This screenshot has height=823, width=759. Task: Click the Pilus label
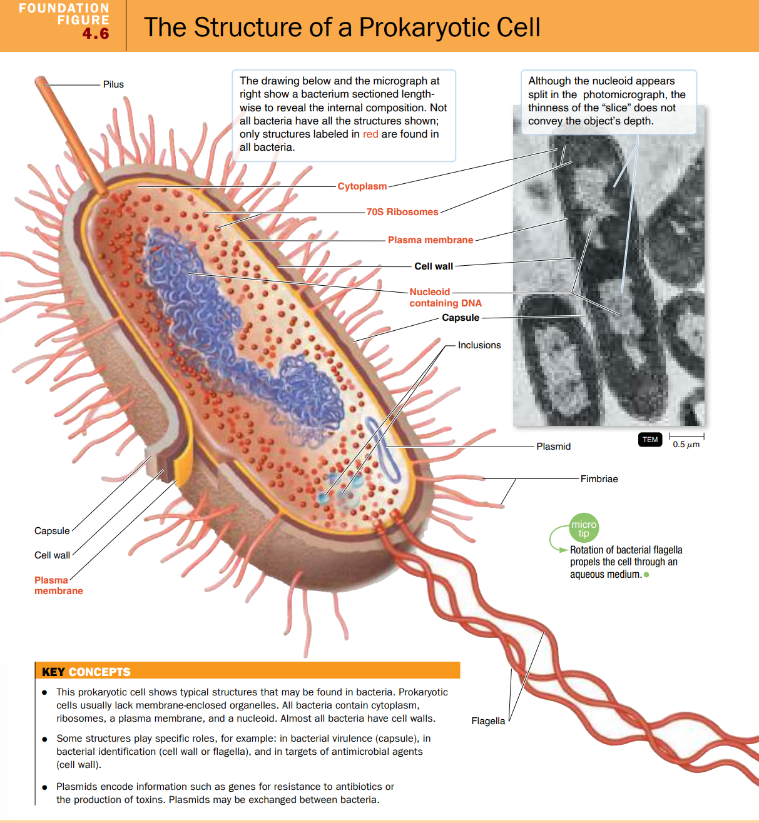[113, 84]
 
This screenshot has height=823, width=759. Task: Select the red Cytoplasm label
[362, 186]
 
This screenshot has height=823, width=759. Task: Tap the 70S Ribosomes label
[402, 212]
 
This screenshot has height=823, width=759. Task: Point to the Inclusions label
[479, 345]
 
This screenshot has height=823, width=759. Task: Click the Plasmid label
[553, 447]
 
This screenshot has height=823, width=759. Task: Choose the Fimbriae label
[599, 479]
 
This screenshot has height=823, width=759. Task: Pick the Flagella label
[488, 721]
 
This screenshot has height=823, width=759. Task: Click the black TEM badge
[650, 440]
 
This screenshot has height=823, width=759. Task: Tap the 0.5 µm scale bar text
[686, 445]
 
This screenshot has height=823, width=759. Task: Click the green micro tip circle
[584, 528]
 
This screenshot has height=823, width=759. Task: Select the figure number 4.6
[96, 34]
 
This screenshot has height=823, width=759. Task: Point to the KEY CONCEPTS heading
[86, 672]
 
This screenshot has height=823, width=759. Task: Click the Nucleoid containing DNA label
[445, 298]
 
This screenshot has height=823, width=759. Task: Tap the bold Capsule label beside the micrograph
[461, 318]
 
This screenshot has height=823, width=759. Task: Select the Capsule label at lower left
[52, 531]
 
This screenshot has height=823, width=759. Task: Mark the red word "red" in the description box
[370, 134]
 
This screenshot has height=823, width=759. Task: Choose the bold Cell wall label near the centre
[434, 266]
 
